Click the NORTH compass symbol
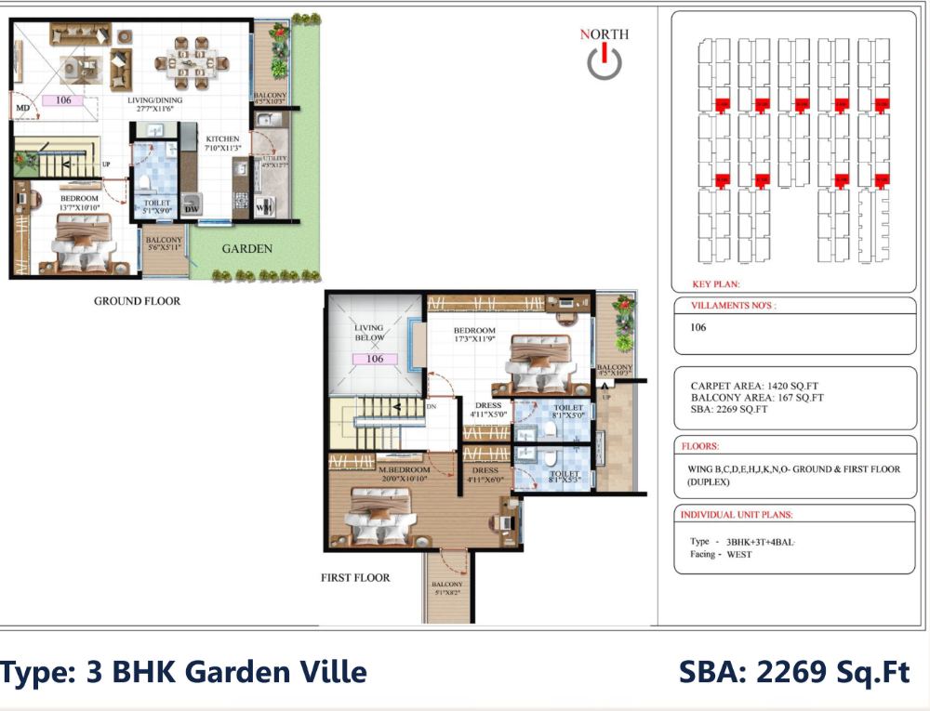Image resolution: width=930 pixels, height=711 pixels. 604,61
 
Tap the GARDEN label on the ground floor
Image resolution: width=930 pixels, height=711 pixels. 246,248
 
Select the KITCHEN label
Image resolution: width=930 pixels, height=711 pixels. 222,138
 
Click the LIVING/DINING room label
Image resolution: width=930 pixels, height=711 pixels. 155,100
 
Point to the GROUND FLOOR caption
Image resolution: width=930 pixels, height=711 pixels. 137,301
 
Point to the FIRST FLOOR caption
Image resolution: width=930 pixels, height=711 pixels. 355,577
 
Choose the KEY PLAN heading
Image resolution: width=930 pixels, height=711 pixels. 716,285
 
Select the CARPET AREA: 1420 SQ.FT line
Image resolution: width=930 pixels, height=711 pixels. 754,385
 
